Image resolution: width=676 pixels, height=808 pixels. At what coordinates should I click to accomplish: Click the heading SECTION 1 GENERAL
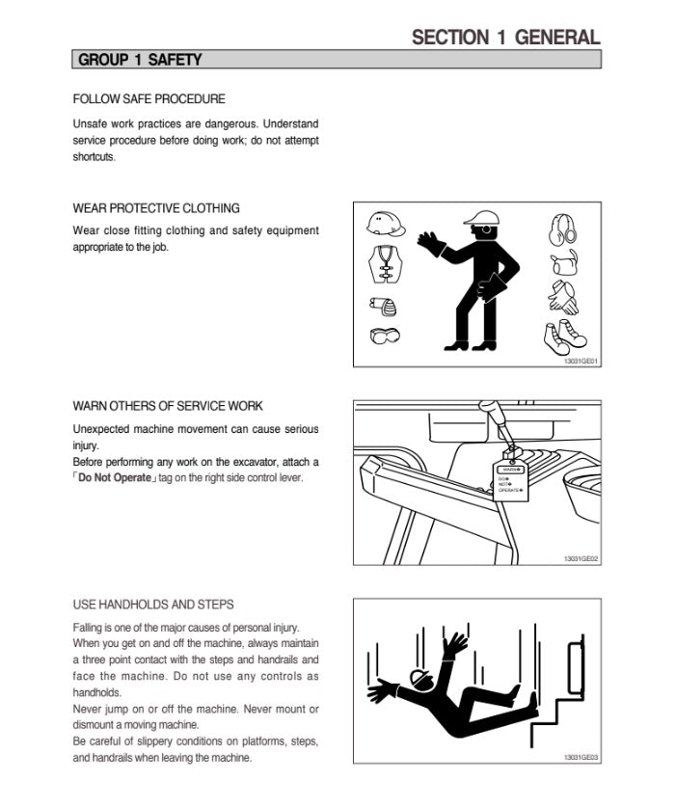(505, 37)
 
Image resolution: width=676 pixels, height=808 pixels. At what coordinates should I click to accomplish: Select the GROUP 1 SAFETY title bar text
(140, 60)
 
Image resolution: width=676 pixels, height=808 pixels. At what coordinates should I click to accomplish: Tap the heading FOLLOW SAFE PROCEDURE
(149, 98)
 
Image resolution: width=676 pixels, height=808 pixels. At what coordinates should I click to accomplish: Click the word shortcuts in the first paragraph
(94, 157)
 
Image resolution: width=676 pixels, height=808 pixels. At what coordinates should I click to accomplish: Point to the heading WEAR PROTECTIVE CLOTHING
(156, 207)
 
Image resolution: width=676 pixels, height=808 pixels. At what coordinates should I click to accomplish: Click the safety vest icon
(385, 264)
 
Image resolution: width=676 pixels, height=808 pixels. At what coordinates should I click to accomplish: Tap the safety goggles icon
(385, 336)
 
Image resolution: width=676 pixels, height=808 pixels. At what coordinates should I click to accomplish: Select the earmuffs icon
(562, 228)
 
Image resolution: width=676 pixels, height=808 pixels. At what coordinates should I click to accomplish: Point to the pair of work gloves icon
(563, 298)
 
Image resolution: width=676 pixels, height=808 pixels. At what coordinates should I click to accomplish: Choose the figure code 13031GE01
(581, 361)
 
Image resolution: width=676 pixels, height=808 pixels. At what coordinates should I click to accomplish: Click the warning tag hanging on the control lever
(512, 477)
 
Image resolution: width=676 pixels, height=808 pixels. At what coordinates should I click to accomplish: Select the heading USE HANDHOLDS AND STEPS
(153, 605)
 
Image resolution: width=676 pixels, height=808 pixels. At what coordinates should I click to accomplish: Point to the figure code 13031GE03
(581, 757)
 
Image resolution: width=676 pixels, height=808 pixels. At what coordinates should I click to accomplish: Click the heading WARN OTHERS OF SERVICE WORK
(168, 406)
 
